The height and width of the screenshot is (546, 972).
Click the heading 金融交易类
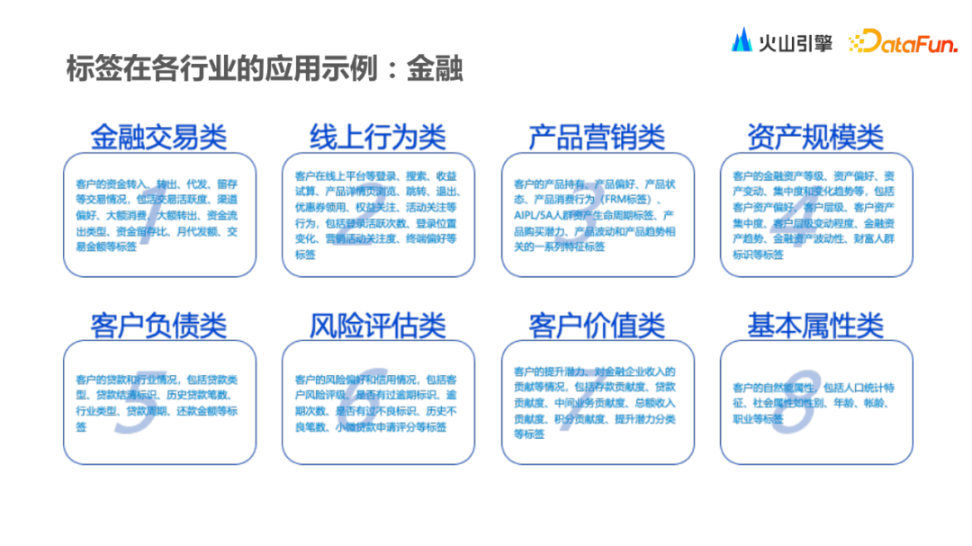click(158, 137)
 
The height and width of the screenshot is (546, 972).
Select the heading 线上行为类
click(378, 137)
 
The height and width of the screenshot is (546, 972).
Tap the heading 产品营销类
click(597, 137)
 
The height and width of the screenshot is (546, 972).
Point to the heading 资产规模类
click(815, 137)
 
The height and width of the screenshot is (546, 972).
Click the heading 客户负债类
click(158, 325)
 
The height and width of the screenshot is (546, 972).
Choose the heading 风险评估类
click(378, 325)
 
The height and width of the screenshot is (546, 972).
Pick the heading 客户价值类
click(597, 325)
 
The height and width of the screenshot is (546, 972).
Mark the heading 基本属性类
click(815, 325)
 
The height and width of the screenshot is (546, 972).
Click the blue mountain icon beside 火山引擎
click(742, 40)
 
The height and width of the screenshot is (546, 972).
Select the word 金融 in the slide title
click(435, 69)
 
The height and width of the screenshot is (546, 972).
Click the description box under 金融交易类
click(159, 215)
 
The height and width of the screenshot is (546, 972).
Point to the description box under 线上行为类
click(378, 215)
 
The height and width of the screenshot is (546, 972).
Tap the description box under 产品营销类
click(598, 215)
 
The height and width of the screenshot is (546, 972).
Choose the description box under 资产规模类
click(816, 215)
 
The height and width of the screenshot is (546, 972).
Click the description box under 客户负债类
click(159, 402)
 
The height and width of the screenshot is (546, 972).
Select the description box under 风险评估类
click(378, 402)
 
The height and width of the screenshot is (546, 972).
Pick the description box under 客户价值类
click(598, 402)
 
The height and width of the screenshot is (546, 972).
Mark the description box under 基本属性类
click(816, 402)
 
